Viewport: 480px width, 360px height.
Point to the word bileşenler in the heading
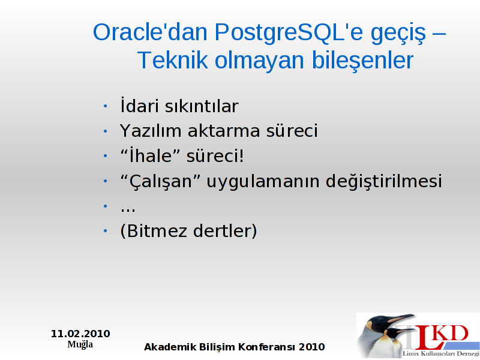(x=362, y=61)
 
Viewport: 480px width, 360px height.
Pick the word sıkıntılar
(x=202, y=106)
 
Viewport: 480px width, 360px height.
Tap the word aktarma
(x=224, y=131)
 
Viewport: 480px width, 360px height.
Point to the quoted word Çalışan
(x=160, y=181)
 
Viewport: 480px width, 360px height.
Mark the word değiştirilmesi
(x=383, y=181)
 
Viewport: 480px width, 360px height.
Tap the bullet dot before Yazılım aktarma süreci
(x=106, y=131)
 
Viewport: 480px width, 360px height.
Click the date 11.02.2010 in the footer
(x=80, y=334)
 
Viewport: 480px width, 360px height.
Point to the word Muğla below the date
(x=80, y=344)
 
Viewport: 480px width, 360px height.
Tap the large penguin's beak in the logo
(x=400, y=318)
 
